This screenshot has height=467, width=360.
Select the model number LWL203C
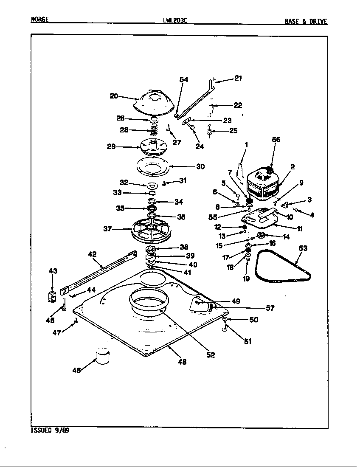coord(174,20)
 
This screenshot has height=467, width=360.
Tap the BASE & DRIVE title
coord(306,22)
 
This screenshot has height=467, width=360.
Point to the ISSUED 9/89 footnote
coord(50,430)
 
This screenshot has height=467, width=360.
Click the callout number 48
coord(182,362)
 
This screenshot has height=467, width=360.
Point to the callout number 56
coord(276,140)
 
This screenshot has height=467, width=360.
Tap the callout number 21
coord(238,78)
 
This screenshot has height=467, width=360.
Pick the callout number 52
coord(211,355)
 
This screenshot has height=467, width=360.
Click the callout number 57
coord(270,308)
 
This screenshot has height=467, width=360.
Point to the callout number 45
coord(50,321)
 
